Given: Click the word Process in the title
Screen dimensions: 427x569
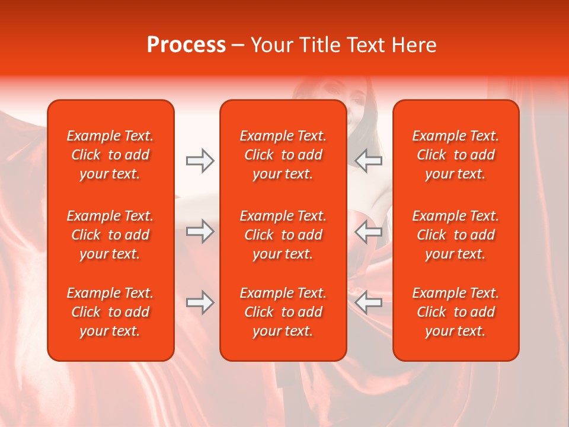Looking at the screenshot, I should [186, 45].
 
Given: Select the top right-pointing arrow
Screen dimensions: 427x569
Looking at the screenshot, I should [200, 160].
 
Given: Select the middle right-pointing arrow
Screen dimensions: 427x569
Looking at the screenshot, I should [200, 231].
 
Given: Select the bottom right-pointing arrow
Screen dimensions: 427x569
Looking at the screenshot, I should [200, 302].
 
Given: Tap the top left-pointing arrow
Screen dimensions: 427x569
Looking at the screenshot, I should [369, 160].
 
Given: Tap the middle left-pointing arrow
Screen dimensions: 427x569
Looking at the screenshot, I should [369, 231].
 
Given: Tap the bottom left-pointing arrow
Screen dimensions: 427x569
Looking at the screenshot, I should [369, 302].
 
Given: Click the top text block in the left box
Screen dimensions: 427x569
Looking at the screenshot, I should [110, 155].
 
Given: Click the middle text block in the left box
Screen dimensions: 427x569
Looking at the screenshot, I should [110, 235].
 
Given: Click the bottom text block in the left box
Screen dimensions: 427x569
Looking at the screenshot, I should [110, 312].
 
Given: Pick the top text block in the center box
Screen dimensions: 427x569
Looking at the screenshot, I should [283, 155].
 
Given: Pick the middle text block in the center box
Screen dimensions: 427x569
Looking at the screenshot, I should [283, 235].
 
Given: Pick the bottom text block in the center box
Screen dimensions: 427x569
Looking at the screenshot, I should [283, 312].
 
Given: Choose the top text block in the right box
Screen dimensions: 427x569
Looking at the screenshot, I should [455, 155].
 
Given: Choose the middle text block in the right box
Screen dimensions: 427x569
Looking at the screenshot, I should [455, 235].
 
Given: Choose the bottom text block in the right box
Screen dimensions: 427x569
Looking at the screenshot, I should [455, 312].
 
